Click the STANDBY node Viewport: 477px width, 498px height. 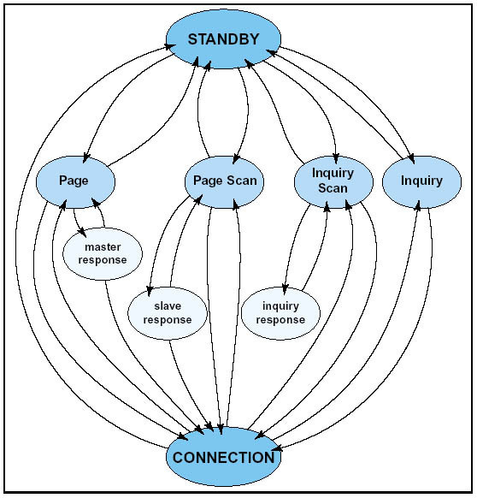(223, 39)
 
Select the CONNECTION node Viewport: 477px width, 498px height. (223, 457)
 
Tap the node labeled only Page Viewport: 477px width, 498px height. (75, 181)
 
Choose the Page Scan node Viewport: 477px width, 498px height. (224, 181)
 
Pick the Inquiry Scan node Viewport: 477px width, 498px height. (333, 181)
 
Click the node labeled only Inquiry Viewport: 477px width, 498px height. (421, 181)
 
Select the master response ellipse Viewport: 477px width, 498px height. (103, 253)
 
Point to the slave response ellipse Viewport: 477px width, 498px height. (168, 313)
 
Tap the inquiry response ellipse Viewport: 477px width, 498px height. (280, 313)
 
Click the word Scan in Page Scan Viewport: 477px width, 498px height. (244, 181)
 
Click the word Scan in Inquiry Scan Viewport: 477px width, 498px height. (333, 188)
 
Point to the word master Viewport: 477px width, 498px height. (103, 246)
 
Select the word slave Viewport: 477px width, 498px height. (168, 306)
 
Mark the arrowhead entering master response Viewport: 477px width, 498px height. (82, 233)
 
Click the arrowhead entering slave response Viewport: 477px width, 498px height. (150, 291)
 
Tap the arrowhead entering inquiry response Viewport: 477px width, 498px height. (285, 290)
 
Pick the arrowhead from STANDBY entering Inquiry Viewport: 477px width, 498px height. (411, 158)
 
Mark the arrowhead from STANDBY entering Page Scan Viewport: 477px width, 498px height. (236, 159)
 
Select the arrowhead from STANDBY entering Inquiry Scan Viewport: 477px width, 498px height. (336, 159)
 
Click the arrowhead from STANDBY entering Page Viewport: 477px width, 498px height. (86, 157)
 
